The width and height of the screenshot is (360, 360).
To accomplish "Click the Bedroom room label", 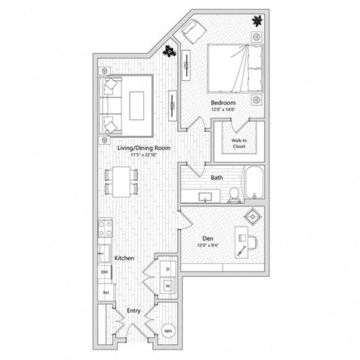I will pyautogui.click(x=223, y=102).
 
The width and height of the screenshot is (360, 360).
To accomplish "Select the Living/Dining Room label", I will pyautogui.click(x=144, y=148).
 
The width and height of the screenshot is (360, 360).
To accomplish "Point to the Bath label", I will pyautogui.click(x=217, y=178).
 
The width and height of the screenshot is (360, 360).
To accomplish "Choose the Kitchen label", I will pyautogui.click(x=124, y=258).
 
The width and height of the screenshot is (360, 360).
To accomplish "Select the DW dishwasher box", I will pyautogui.click(x=105, y=271).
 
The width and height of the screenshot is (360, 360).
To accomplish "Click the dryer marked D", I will pyautogui.click(x=167, y=268).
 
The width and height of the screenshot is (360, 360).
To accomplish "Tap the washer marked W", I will pyautogui.click(x=167, y=285).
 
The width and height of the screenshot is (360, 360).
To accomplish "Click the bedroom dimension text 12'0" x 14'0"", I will pyautogui.click(x=223, y=109).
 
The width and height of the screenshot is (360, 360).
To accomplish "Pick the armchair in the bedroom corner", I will pyautogui.click(x=193, y=30).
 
